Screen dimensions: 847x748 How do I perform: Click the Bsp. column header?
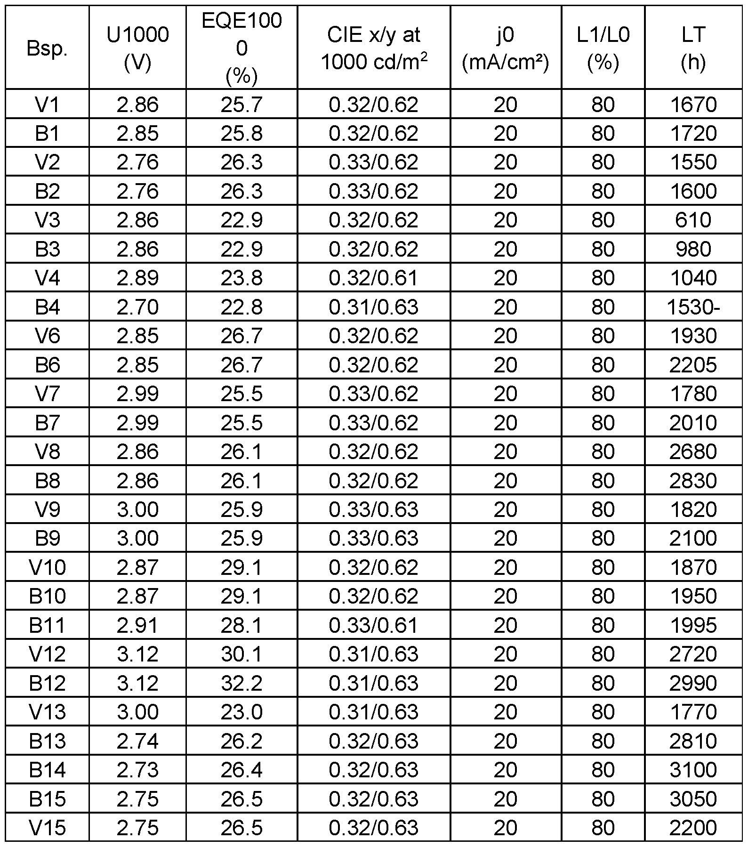click(x=47, y=48)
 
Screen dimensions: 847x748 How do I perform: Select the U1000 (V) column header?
click(x=137, y=48)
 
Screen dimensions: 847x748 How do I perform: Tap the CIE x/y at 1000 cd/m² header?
click(x=374, y=48)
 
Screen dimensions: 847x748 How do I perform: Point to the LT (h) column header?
click(x=693, y=48)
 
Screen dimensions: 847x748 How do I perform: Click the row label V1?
click(x=47, y=105)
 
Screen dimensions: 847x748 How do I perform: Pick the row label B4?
click(x=47, y=307)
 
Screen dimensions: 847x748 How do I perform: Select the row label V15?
click(x=47, y=828)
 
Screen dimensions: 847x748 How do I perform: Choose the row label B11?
click(x=47, y=625)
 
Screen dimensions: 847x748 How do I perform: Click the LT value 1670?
click(x=693, y=105)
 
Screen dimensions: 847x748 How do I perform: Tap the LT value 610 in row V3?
click(x=693, y=220)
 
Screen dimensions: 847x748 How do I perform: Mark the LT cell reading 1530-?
click(x=693, y=307)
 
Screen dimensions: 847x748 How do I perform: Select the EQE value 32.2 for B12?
click(x=241, y=683)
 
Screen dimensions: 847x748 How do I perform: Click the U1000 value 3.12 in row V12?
click(x=137, y=654)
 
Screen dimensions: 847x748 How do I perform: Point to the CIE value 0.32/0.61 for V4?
click(x=374, y=278)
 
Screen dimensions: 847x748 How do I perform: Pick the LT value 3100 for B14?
click(x=693, y=770)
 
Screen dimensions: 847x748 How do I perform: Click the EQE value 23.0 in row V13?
click(x=241, y=712)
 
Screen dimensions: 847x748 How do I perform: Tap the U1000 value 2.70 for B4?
click(x=137, y=307)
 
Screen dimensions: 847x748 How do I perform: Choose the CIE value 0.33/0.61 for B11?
click(x=374, y=625)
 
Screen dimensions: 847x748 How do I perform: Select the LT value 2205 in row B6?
click(x=693, y=365)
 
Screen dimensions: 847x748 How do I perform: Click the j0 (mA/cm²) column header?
click(x=506, y=48)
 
